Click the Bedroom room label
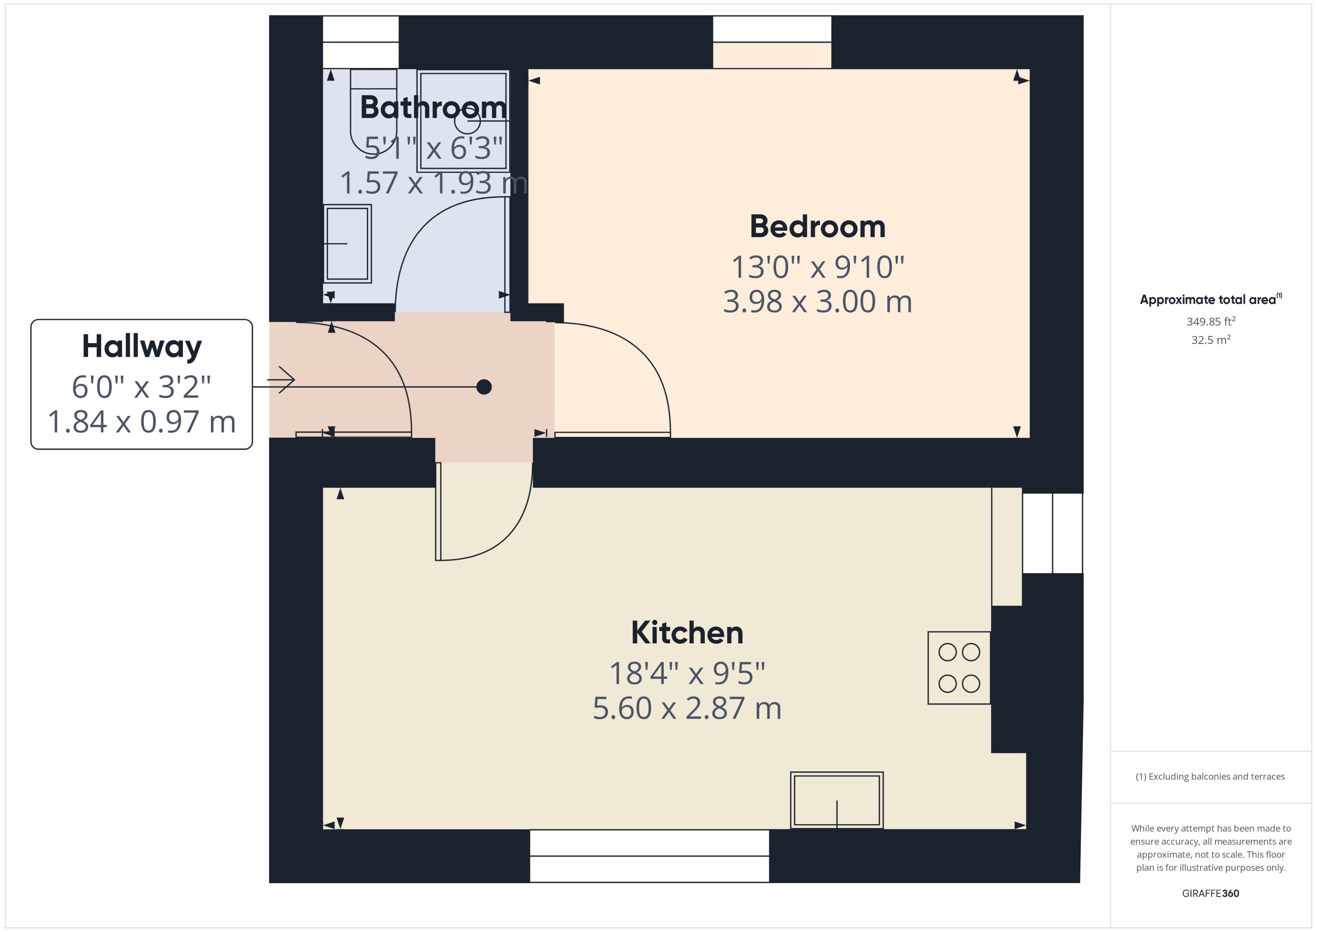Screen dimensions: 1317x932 coord(817,227)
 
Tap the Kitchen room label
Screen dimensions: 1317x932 coord(687,633)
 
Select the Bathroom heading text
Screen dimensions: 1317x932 coord(433,107)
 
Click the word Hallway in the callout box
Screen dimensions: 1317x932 coord(142,347)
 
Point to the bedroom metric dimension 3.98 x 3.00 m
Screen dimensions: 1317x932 coord(817,302)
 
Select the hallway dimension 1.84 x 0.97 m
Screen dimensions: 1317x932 coord(142,422)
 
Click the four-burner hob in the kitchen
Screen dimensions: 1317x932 coord(959,667)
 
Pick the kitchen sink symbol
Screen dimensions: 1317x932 coord(837,800)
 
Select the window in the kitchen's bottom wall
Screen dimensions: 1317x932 coord(649,856)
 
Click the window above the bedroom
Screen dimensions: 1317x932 coord(772,42)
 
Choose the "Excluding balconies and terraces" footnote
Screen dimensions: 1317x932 coord(1210,777)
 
